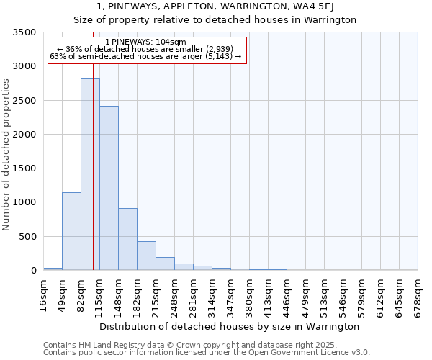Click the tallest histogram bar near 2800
[x=90, y=174]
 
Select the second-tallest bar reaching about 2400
[x=109, y=188]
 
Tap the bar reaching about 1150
[x=71, y=231]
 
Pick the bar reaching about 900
[x=127, y=239]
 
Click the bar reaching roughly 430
[x=146, y=256]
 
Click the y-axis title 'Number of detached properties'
[x=6, y=155]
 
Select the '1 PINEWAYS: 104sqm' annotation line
[x=145, y=42]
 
